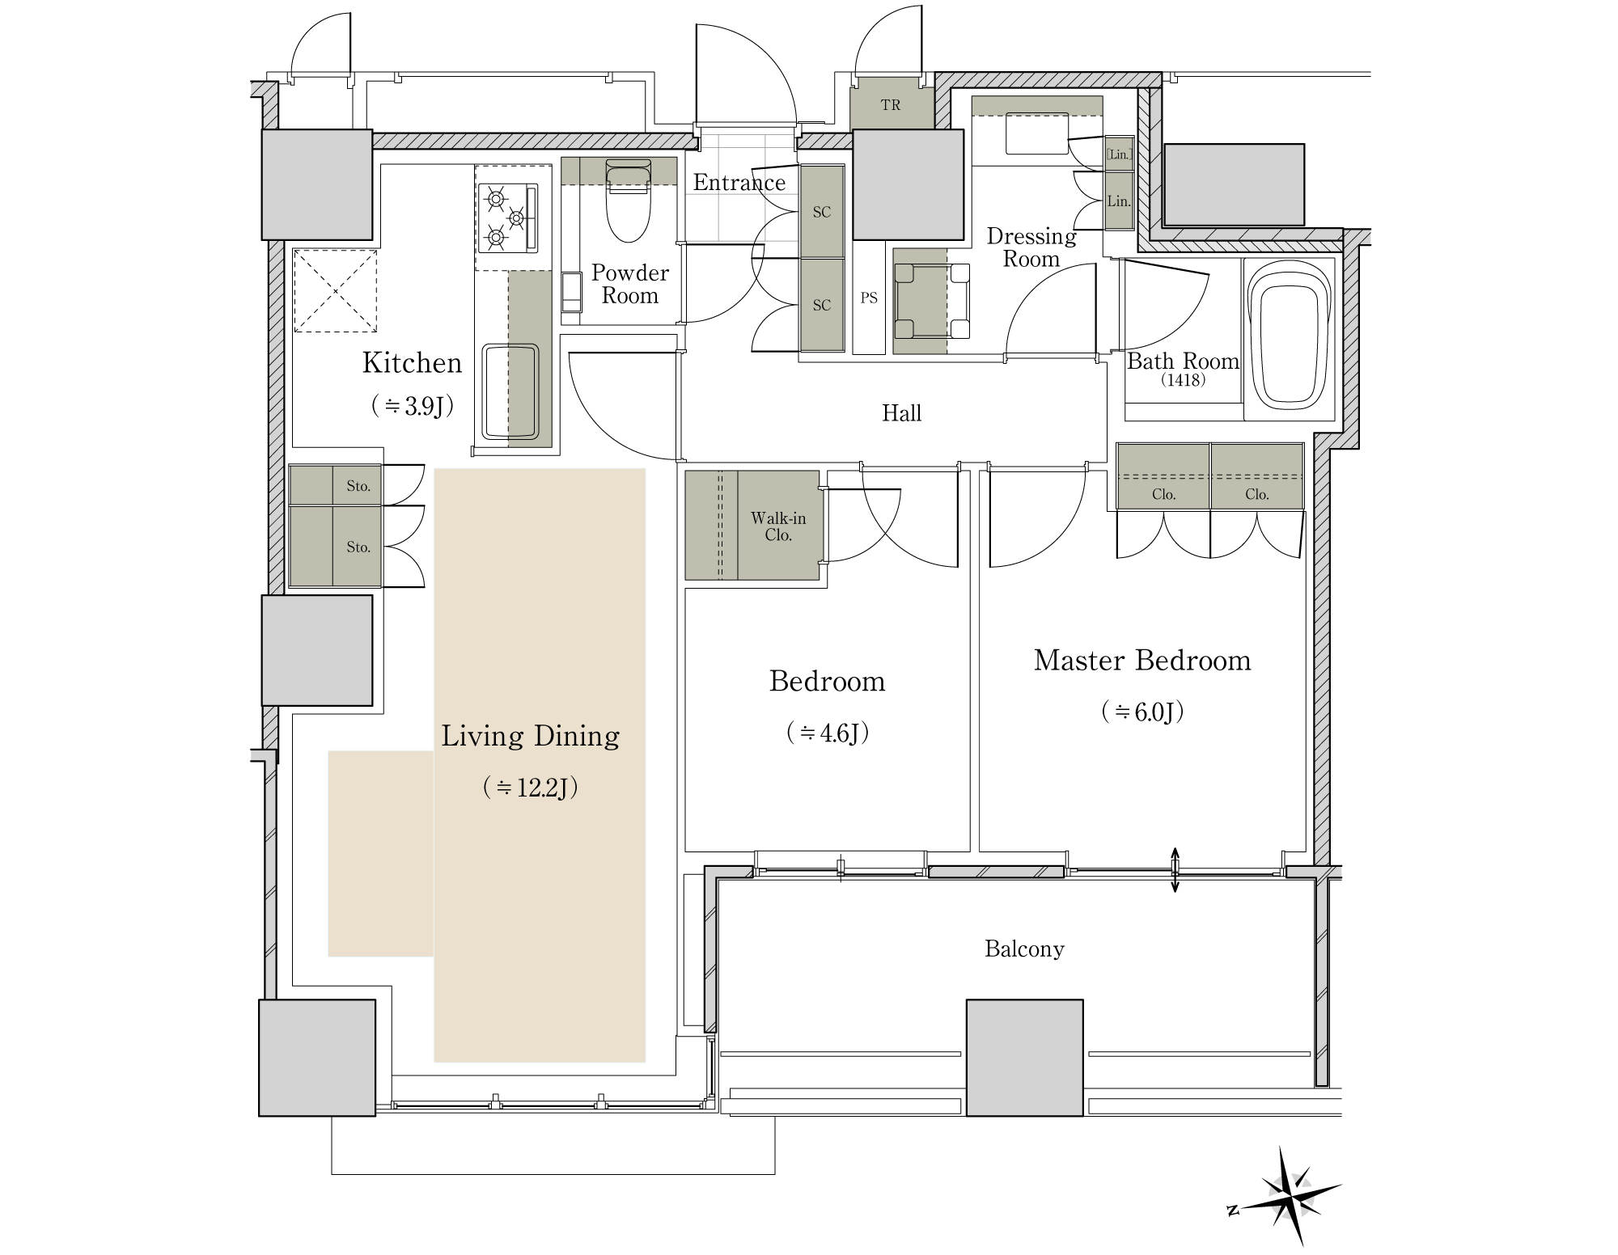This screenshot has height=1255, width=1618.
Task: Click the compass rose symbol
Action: point(1286,1195)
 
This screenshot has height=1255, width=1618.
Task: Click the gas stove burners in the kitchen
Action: point(508,217)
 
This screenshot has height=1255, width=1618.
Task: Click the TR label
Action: point(891,105)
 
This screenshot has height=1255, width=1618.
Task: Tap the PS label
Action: point(869,298)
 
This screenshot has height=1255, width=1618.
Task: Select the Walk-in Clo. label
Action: point(778,526)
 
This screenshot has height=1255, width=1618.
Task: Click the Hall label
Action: point(901,413)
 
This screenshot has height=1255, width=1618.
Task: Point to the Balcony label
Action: point(1024,949)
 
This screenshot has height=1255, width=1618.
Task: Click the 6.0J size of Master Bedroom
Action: point(1142,712)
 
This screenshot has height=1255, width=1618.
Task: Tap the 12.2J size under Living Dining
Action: point(531,788)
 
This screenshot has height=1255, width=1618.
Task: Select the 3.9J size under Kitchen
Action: point(412,405)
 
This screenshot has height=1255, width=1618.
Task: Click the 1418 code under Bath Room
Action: point(1183,380)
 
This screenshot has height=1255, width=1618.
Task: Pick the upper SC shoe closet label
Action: point(822,212)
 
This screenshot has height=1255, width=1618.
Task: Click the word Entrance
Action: point(739,183)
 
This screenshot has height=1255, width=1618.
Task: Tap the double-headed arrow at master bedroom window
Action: point(1175,870)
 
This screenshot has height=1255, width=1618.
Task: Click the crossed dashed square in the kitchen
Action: point(335,291)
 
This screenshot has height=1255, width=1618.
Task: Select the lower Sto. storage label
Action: point(358,547)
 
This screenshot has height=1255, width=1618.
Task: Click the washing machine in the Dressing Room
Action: point(932,301)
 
